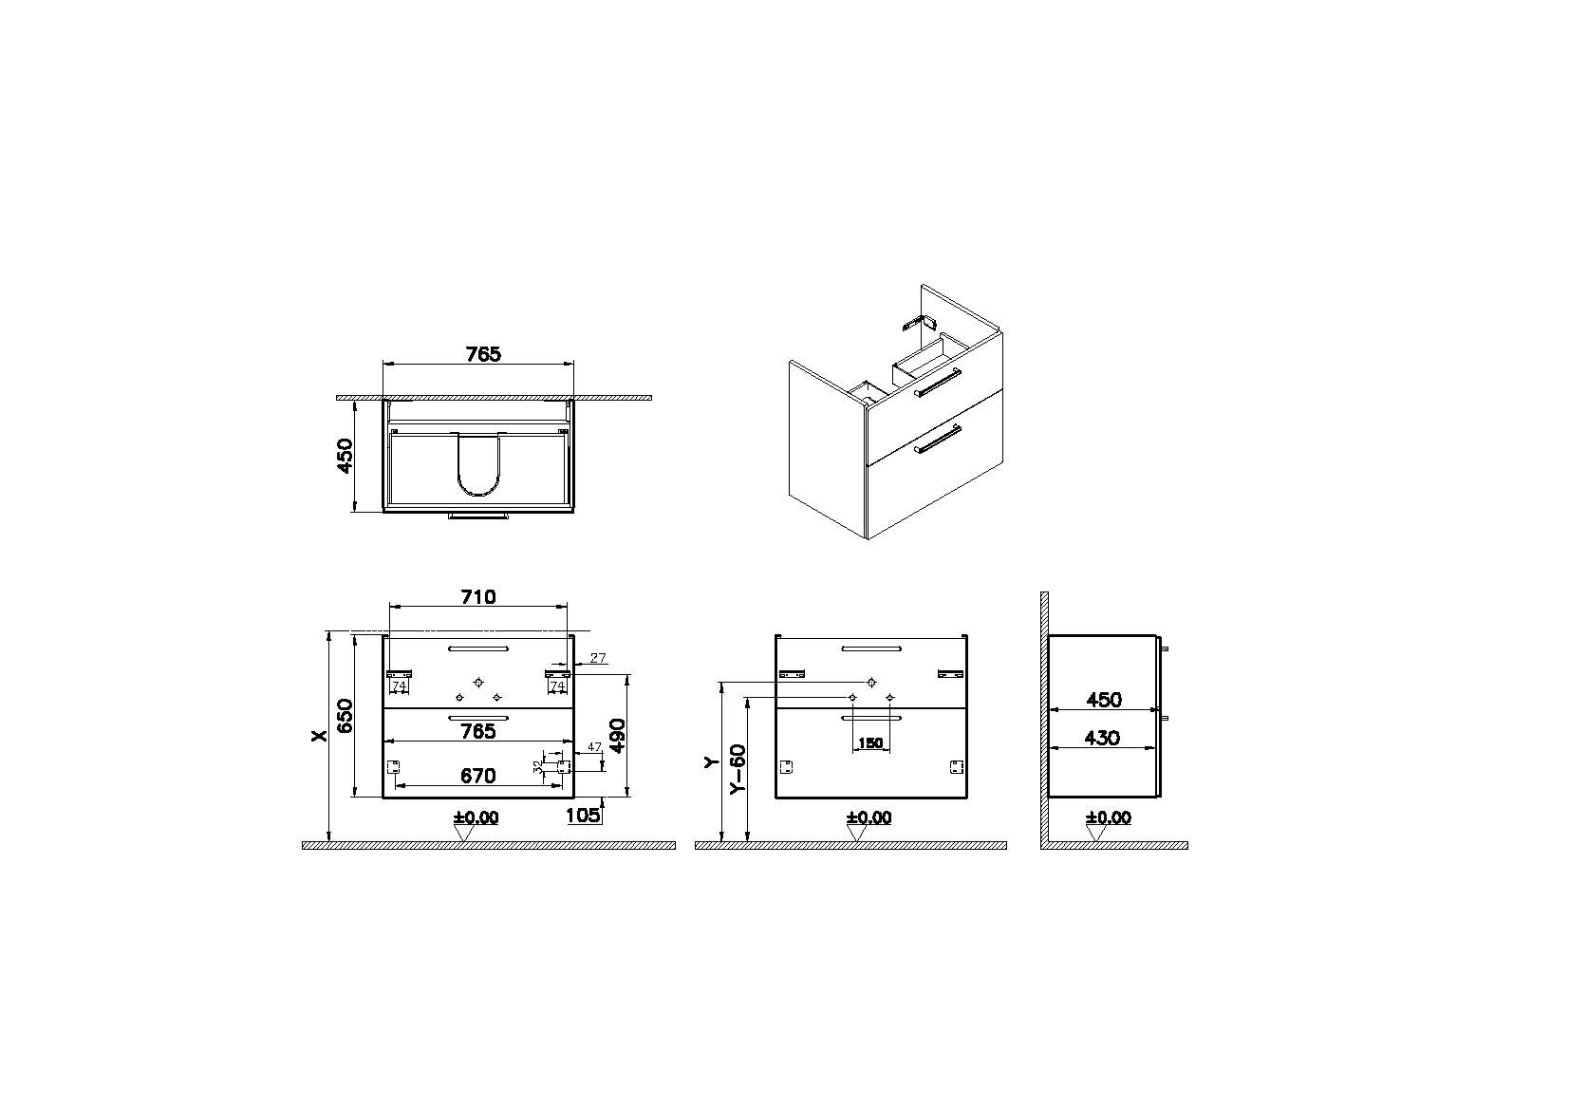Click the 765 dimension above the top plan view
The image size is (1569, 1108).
[x=484, y=354]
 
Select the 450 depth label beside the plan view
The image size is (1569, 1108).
[x=346, y=456]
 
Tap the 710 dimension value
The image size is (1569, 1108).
[x=478, y=597]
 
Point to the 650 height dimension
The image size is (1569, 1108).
[x=346, y=716]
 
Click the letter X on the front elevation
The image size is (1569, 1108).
[x=320, y=735]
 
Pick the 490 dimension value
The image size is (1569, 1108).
[x=618, y=735]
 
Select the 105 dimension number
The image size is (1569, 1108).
[x=583, y=815]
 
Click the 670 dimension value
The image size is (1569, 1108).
[x=478, y=776]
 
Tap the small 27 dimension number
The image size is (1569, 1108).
[x=597, y=658]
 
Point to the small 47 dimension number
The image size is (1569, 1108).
[x=594, y=747]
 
